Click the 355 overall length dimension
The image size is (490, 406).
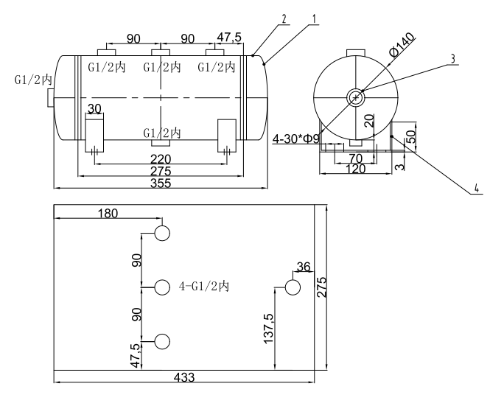[x=160, y=183]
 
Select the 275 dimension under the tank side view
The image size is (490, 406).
[x=160, y=171]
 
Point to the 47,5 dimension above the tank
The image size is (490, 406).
[x=230, y=38]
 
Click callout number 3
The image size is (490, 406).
[x=454, y=58]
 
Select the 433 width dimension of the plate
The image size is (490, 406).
[x=184, y=377]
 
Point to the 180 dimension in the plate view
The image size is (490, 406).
[x=108, y=213]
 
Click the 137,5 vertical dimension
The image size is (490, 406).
[x=267, y=326]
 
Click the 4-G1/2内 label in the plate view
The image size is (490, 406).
[x=204, y=287]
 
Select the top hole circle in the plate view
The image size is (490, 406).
[x=162, y=234]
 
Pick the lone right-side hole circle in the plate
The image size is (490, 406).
[x=293, y=287]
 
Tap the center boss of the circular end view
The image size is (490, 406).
[x=356, y=97]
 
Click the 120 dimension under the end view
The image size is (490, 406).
[x=356, y=169]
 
